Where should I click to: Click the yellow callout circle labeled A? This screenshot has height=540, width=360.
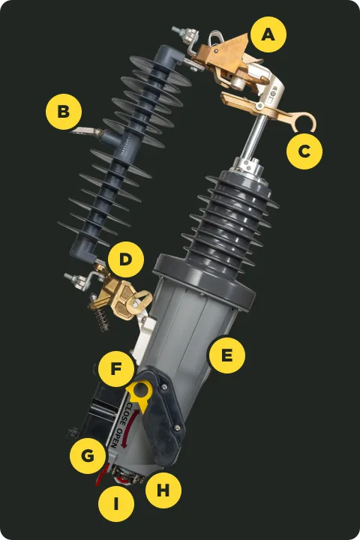[268, 34]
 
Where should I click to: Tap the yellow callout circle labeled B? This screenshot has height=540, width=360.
[64, 112]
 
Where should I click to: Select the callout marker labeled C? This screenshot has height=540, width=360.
[304, 151]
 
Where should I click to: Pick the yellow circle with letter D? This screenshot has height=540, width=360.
[126, 259]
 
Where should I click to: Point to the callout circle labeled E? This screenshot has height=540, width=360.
[227, 355]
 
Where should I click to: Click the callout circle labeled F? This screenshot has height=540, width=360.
[116, 369]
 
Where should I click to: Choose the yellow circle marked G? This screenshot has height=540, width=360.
[88, 456]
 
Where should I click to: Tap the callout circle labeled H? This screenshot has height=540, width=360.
[163, 490]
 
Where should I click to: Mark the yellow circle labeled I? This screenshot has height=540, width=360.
[116, 504]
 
